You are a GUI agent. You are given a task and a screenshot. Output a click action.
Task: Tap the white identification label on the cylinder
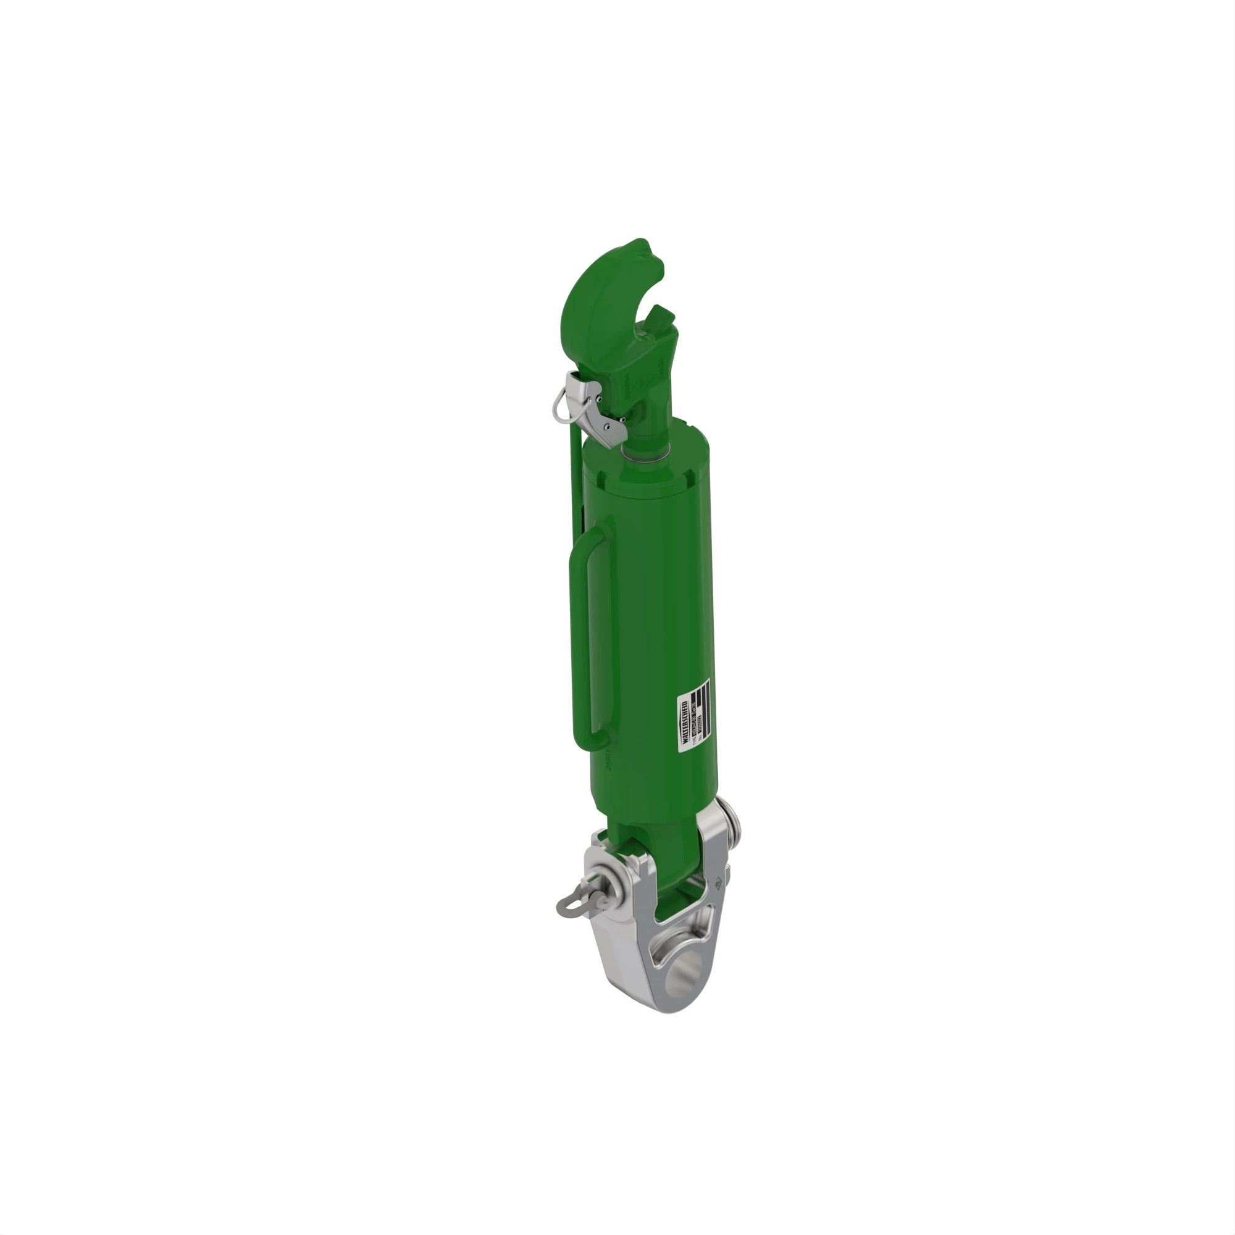click(x=693, y=715)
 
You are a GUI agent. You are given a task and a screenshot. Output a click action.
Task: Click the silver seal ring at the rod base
click(x=645, y=454)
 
